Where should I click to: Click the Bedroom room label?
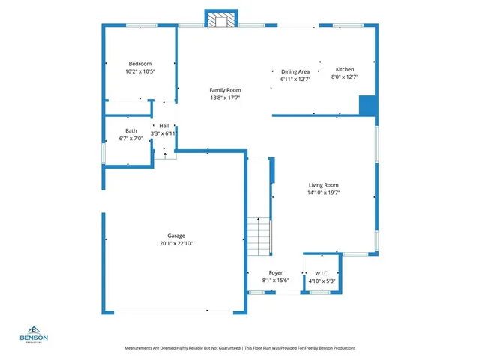(140, 64)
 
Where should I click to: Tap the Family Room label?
(224, 90)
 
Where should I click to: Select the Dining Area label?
(295, 71)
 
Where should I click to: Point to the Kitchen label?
(345, 69)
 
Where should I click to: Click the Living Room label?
(324, 185)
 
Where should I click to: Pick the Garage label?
(176, 235)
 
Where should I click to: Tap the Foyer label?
(276, 273)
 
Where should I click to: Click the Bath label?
(131, 131)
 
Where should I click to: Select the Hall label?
(163, 126)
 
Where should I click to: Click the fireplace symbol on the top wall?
(220, 21)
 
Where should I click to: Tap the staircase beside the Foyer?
(258, 237)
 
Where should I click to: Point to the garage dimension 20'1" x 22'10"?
(176, 243)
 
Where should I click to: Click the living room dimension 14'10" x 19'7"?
(324, 193)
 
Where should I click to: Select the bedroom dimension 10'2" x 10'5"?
(140, 71)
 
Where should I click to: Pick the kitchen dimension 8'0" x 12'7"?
(345, 76)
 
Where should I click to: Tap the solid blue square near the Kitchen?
(367, 104)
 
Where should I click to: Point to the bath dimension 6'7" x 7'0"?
(131, 139)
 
